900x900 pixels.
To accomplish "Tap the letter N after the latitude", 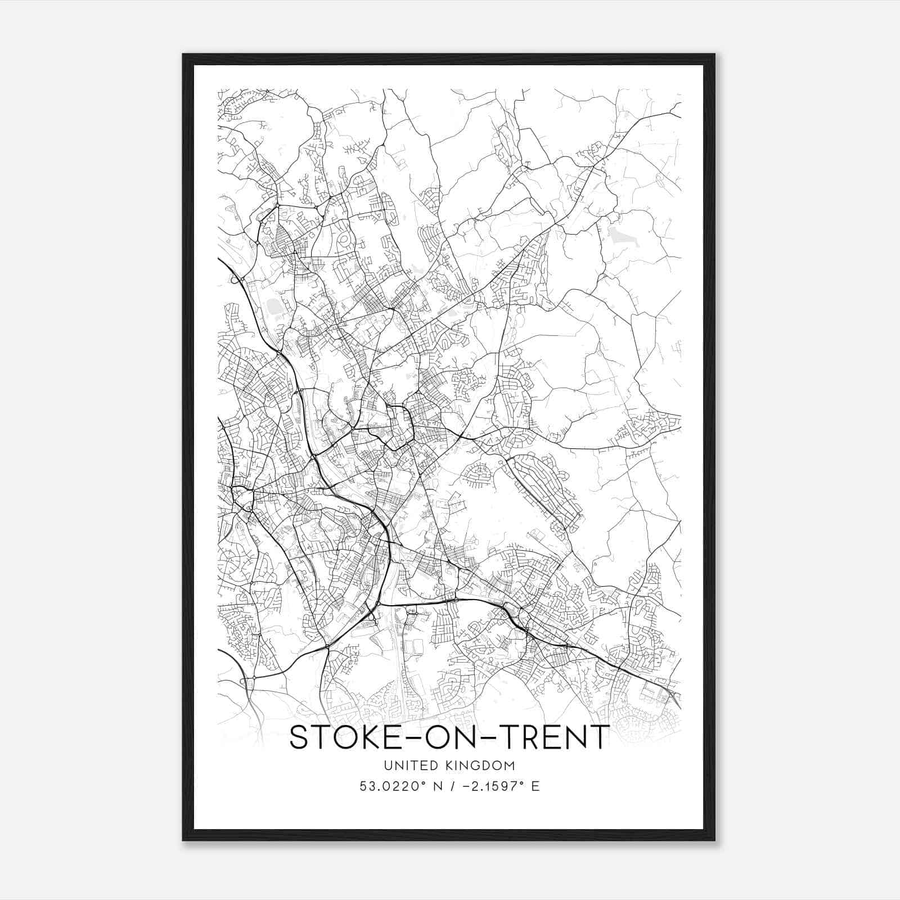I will [436, 786].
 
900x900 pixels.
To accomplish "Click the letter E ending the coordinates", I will [535, 786].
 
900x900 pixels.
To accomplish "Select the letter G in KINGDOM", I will [478, 765].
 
